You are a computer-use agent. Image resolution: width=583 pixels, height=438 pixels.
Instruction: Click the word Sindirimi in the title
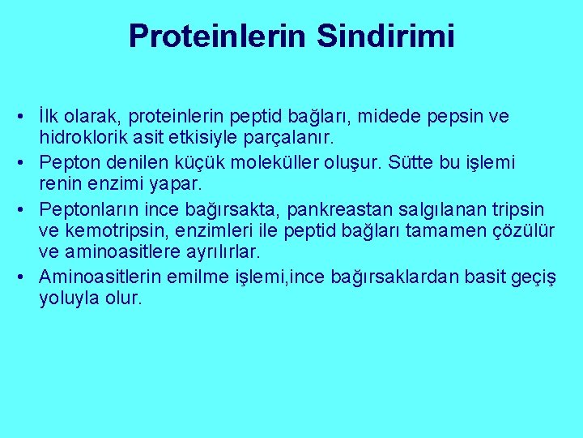[385, 36]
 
